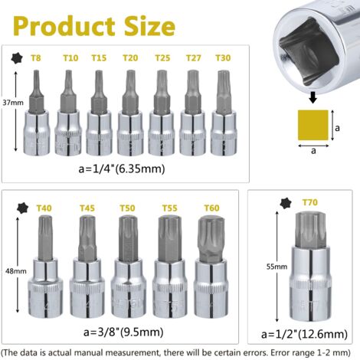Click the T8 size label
pos(36,58)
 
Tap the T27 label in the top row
pos(193,58)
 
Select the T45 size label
pos(87,208)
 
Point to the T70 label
pos(310,202)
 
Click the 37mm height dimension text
pos(13,103)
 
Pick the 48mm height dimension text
pos(16,271)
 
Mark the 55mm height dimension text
pos(277,267)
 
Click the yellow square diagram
pos(313,125)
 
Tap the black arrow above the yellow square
pos(313,97)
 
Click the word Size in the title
pos(149,26)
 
